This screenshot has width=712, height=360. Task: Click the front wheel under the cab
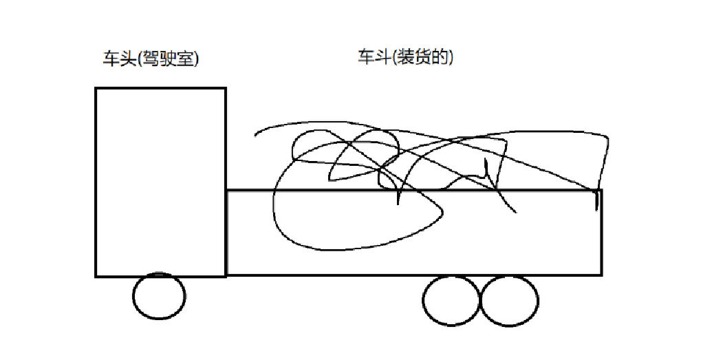point(159,296)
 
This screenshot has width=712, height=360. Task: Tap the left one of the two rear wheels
point(451,300)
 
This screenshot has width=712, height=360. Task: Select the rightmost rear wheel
point(508,300)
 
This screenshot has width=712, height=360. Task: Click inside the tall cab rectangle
point(160,182)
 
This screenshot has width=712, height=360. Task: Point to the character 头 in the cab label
point(127,59)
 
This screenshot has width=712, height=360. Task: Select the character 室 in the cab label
point(185,59)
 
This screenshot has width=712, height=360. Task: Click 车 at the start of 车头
point(110,59)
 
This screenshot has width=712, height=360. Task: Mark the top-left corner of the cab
point(96,89)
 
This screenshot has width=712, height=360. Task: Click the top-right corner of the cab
point(225,89)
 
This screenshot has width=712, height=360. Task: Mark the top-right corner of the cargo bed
point(601,190)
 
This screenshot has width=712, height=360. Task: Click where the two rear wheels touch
point(479,301)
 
